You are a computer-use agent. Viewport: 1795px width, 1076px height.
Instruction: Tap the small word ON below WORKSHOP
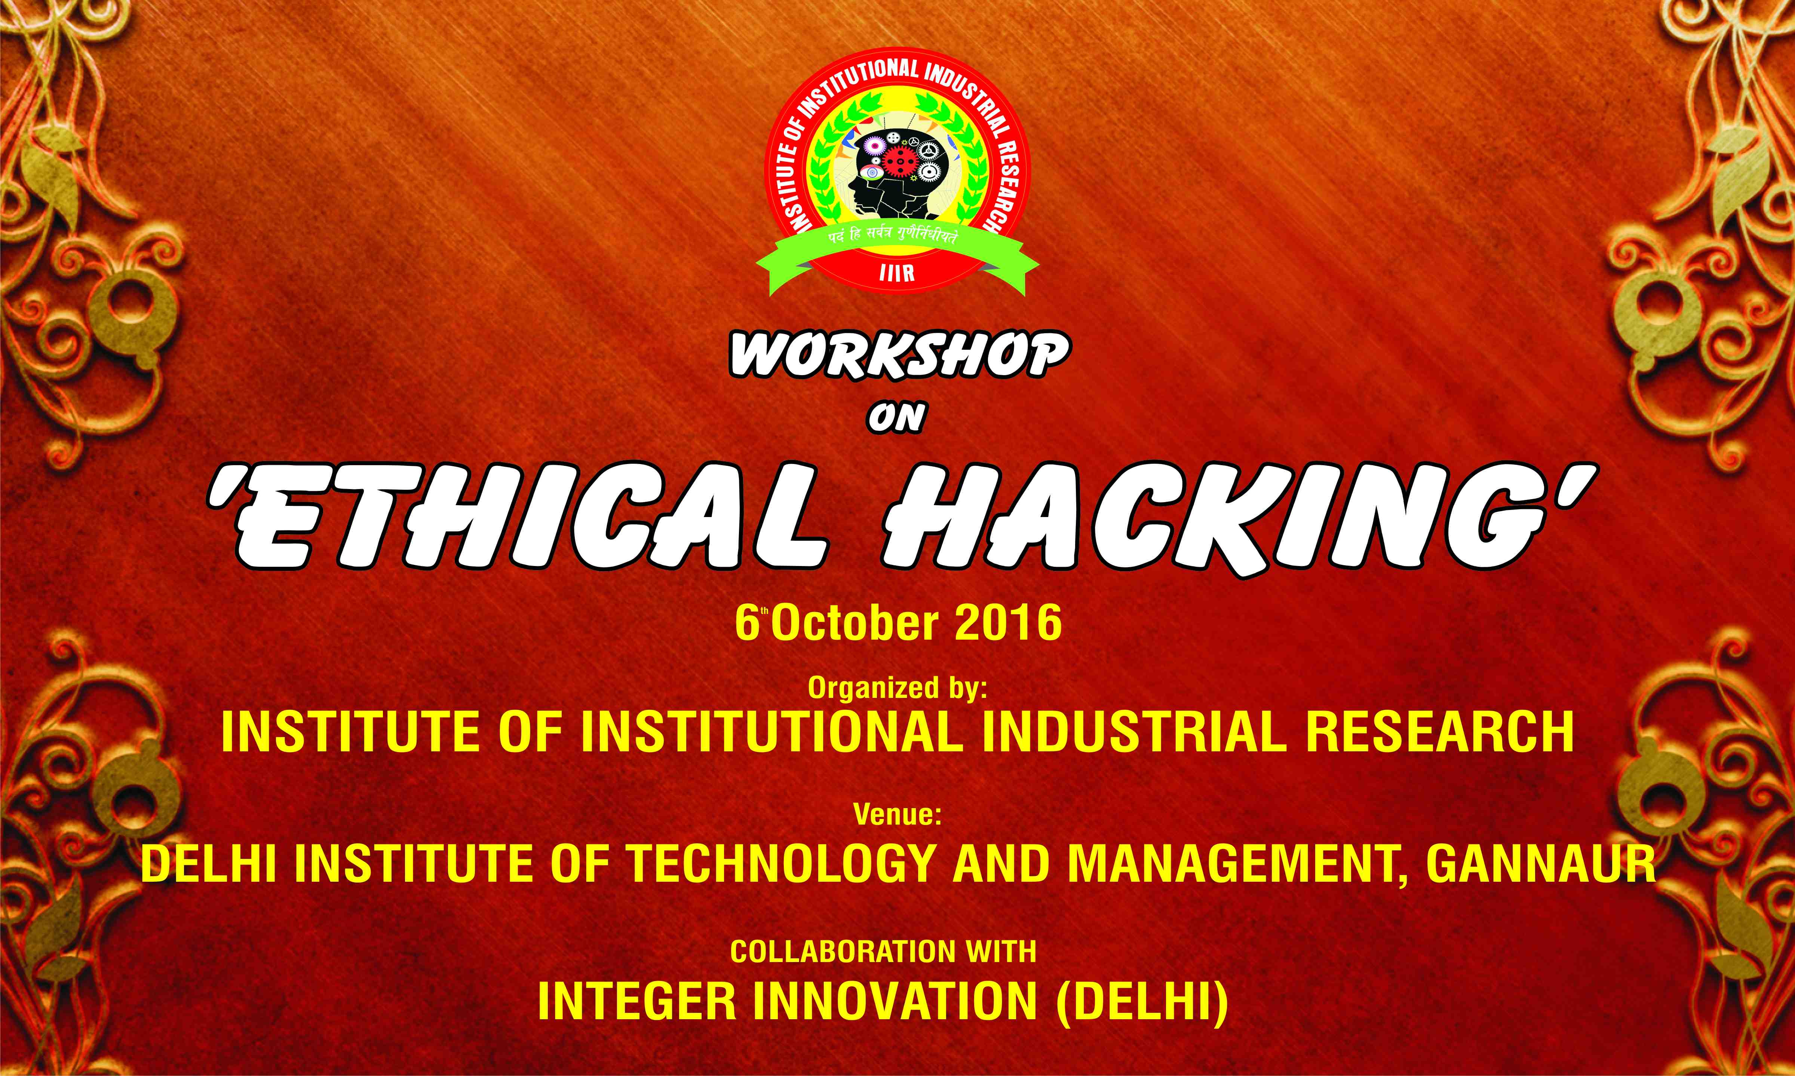[897, 419]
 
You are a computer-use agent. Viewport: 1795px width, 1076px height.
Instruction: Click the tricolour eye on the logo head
[870, 173]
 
